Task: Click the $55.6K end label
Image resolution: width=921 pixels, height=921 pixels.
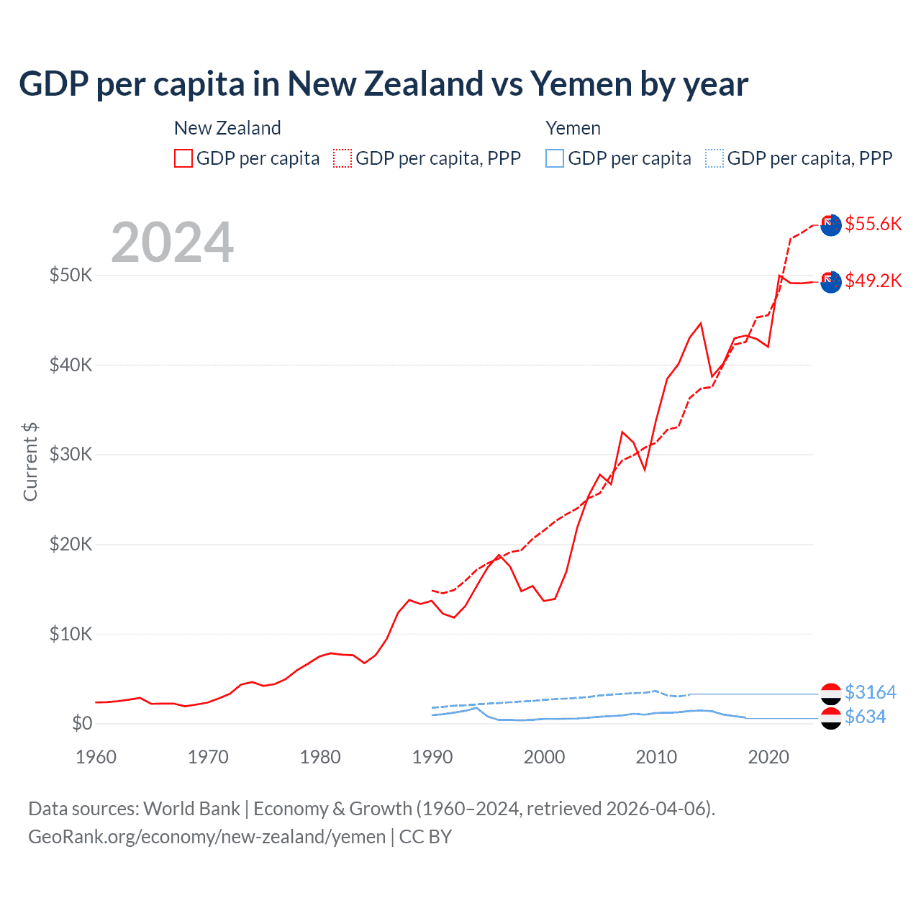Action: point(873,224)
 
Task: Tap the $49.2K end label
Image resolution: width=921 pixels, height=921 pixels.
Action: point(873,281)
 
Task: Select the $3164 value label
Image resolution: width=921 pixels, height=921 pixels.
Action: point(870,692)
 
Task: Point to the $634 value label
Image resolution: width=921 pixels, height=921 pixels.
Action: point(865,717)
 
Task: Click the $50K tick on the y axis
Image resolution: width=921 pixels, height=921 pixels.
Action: point(71,275)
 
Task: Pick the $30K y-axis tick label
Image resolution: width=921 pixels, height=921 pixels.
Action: point(71,454)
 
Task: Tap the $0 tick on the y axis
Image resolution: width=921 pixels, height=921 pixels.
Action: point(82,723)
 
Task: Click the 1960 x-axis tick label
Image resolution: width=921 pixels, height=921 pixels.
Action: point(96,757)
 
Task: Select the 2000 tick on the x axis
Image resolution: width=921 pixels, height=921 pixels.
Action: point(544,757)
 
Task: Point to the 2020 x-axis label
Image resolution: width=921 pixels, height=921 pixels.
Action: point(768,757)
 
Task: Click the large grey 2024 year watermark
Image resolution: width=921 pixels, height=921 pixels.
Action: point(172,242)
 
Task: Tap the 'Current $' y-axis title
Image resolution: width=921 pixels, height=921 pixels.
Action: point(30,462)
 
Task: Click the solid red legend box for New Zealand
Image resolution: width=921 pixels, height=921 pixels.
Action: point(183,158)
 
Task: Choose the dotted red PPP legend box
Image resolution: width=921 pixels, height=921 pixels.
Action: point(342,158)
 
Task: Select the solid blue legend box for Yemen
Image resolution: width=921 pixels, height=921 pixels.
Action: point(555,158)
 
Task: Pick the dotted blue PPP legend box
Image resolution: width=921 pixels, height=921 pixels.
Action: point(714,158)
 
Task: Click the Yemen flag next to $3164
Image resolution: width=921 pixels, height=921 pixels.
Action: point(831,694)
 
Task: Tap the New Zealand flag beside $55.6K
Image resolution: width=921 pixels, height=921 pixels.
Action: point(831,224)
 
